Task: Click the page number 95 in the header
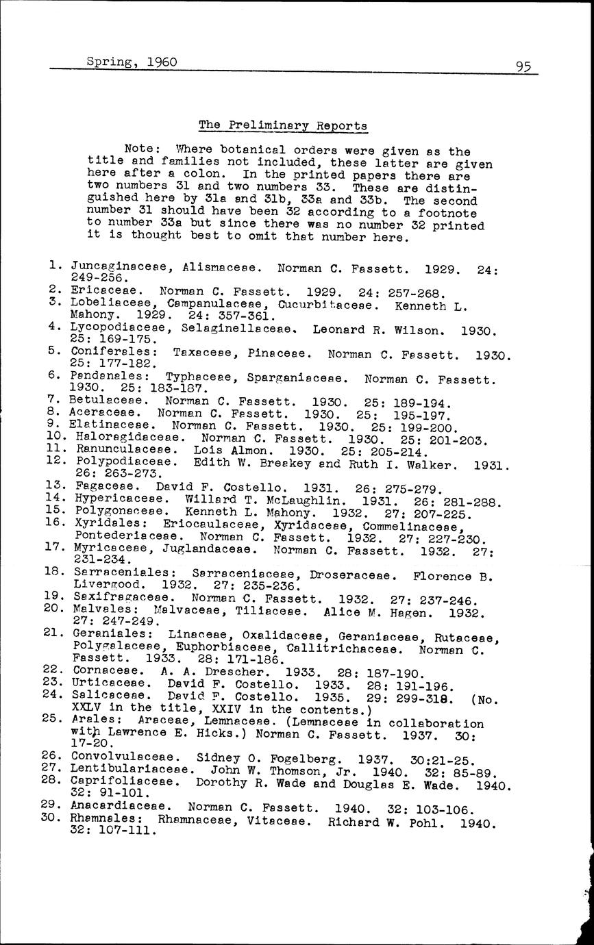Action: tap(524, 66)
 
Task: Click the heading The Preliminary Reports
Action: tap(283, 125)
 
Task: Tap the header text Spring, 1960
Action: tap(132, 62)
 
